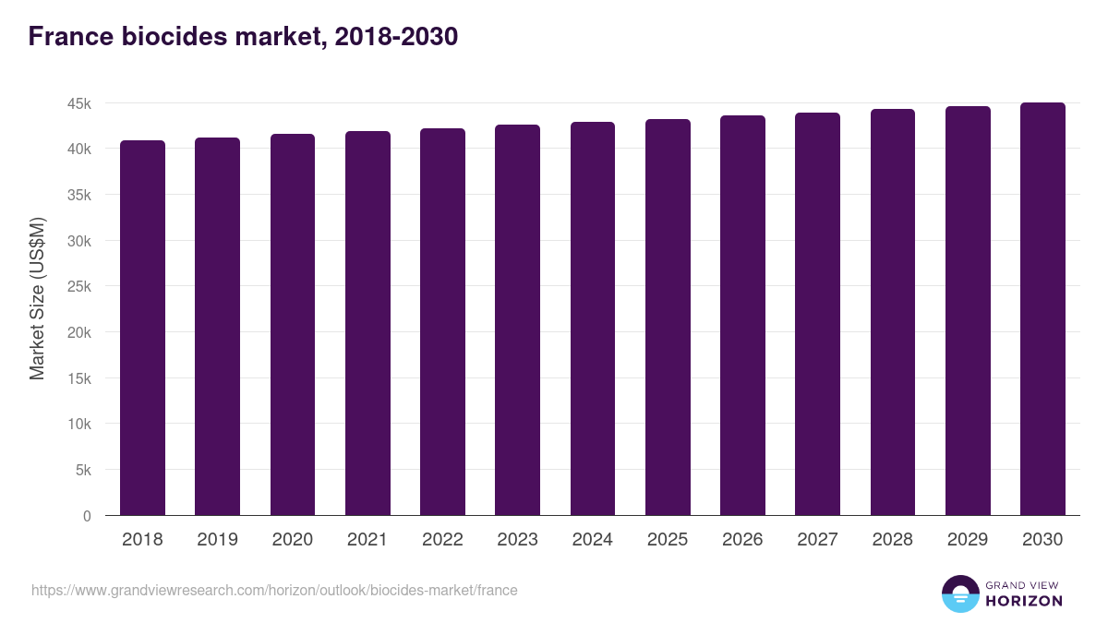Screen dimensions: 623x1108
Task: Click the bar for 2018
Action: [x=142, y=328]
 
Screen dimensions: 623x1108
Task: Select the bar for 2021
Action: [x=367, y=323]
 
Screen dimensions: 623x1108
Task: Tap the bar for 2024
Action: [x=592, y=318]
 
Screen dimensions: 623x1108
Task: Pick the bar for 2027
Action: [x=817, y=314]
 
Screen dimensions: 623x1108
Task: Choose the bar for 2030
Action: [x=1042, y=309]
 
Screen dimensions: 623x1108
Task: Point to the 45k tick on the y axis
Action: [x=79, y=103]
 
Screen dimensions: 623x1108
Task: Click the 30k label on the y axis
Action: [x=79, y=241]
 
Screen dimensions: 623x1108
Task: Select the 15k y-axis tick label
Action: [x=79, y=378]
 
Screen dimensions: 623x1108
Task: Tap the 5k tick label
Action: [x=82, y=470]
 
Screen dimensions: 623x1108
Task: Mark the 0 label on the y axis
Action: [x=87, y=516]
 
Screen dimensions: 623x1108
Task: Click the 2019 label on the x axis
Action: [x=217, y=540]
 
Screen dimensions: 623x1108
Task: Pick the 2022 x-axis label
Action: [x=442, y=540]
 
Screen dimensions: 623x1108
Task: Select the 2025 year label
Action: [x=667, y=540]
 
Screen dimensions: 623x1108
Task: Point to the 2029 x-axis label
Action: [x=967, y=540]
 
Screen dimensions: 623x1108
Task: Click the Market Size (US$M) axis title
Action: [x=37, y=298]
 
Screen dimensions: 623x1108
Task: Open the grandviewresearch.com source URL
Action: [x=274, y=590]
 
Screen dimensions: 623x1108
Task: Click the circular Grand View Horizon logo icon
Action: [x=959, y=593]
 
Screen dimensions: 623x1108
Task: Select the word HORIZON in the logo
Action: [x=1024, y=601]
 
